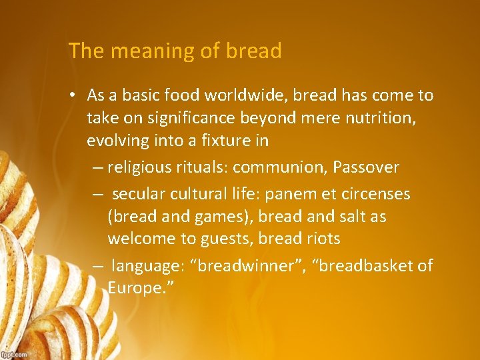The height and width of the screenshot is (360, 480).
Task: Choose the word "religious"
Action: pos(138,166)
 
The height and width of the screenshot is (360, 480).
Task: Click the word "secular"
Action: pos(137,195)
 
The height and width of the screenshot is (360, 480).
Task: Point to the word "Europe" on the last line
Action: pos(133,288)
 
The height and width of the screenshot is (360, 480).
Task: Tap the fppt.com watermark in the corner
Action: pos(14,354)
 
